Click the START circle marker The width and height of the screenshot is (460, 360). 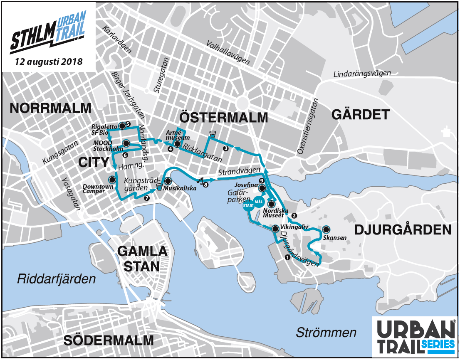click(249, 206)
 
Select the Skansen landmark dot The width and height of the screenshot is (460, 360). click(326, 229)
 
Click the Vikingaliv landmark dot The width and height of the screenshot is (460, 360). click(275, 229)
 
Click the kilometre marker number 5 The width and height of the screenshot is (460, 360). click(128, 124)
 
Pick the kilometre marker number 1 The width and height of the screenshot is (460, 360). click(287, 257)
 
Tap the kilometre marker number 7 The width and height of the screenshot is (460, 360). click(146, 198)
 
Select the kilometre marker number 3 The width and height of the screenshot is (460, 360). click(225, 148)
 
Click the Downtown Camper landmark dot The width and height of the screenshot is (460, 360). click(112, 180)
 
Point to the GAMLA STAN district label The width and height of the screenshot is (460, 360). click(142, 258)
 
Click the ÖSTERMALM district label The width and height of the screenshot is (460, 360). click(225, 117)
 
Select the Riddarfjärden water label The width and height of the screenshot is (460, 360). click(56, 279)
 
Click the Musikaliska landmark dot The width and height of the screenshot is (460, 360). click(168, 181)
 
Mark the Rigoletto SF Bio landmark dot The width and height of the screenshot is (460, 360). click(121, 126)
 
